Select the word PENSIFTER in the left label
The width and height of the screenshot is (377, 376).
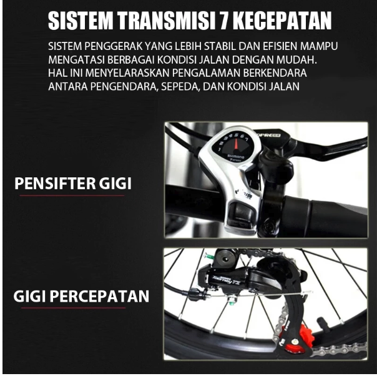click(54, 184)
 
